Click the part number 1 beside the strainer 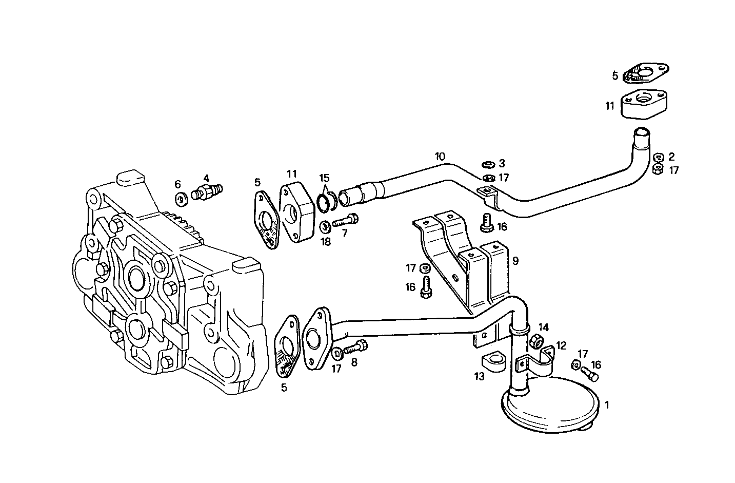607,405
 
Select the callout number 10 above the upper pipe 440,156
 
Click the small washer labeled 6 181,199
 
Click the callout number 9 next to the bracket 515,261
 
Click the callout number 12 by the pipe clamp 561,345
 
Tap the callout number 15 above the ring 324,178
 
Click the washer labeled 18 325,225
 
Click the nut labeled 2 659,157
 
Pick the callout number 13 479,377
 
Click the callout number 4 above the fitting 206,178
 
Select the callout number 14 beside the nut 544,327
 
